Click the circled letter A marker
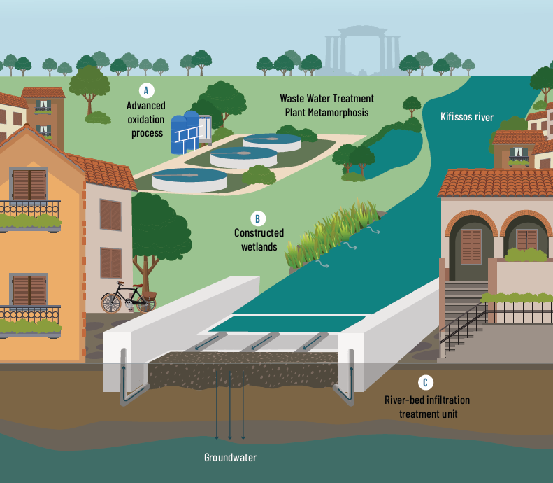click(146, 90)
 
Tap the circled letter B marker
click(257, 218)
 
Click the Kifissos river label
click(467, 117)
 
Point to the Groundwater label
click(230, 458)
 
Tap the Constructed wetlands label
click(259, 239)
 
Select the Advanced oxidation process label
click(147, 119)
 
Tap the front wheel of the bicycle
click(112, 302)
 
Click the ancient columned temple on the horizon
click(361, 49)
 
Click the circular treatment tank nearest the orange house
click(189, 180)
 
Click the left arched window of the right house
click(471, 245)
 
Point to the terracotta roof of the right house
click(493, 183)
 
